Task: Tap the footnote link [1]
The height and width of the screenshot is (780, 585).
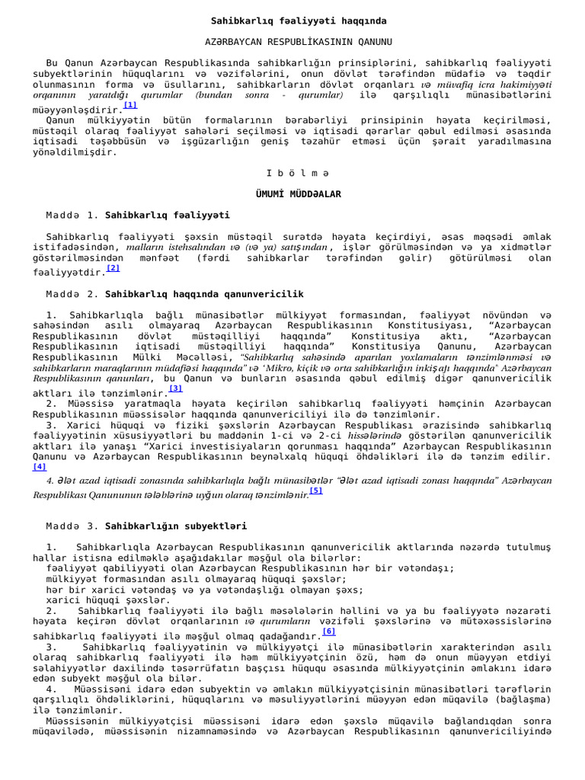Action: (130, 105)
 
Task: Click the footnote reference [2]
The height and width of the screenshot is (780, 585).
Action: (113, 268)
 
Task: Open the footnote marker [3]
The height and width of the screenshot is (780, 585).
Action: (176, 388)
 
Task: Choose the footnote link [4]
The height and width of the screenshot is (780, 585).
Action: (40, 467)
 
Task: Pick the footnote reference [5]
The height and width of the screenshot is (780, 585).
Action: (316, 491)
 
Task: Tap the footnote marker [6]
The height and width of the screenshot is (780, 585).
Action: (329, 631)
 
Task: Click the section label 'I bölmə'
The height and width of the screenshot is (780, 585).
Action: (293, 174)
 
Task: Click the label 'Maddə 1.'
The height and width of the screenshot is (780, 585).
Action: (72, 216)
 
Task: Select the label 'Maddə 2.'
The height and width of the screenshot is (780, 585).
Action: (72, 294)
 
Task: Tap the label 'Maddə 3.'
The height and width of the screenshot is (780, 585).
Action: (72, 526)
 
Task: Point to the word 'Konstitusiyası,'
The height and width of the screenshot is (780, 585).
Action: (430, 325)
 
